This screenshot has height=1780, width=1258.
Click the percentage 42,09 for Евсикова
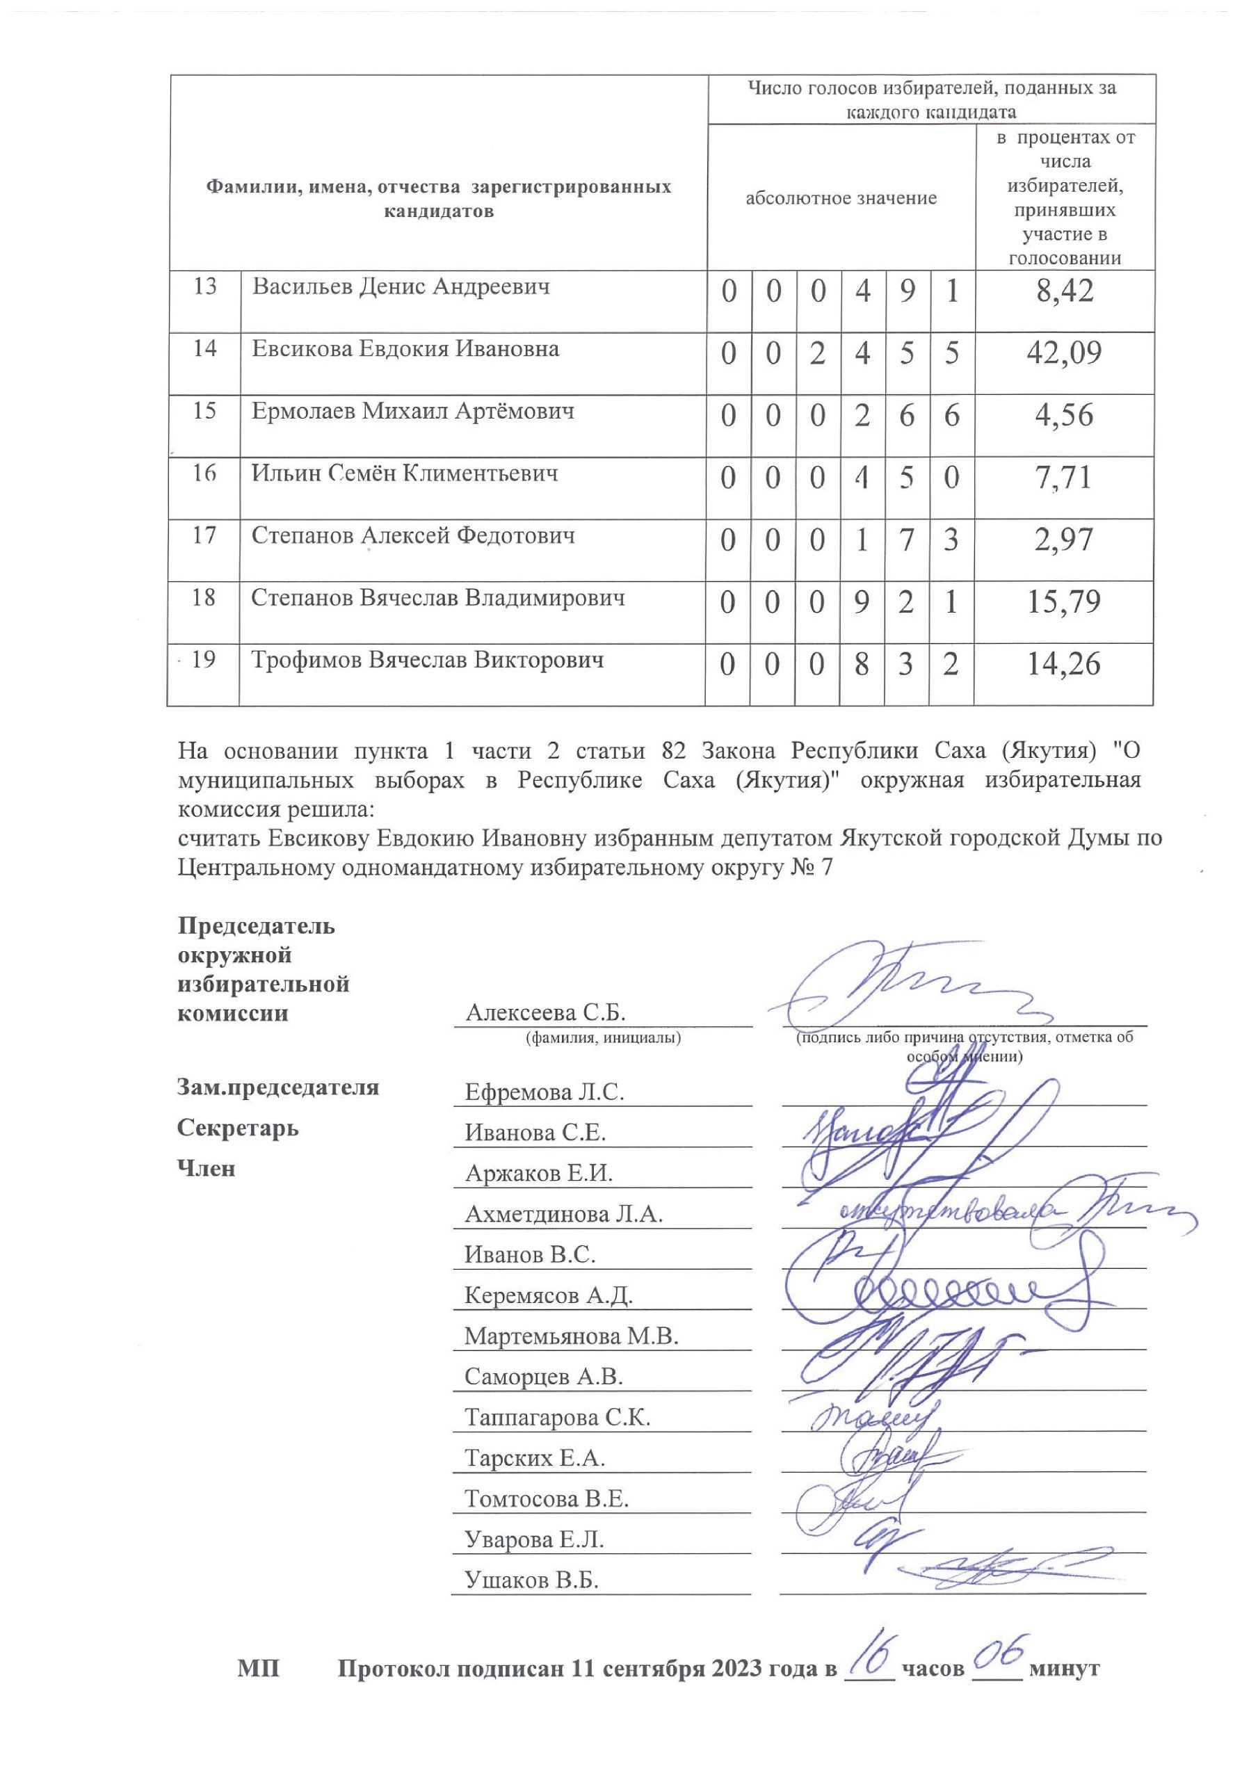[x=1063, y=353]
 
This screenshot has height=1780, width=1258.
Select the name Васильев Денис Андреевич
[x=401, y=287]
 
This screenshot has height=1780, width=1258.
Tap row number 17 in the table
[x=204, y=535]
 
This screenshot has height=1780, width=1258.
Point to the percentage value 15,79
[x=1063, y=602]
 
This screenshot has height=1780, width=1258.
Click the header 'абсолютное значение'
[x=841, y=198]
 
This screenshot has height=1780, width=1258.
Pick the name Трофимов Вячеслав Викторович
[x=428, y=661]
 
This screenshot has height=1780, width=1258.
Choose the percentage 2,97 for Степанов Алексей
[x=1063, y=540]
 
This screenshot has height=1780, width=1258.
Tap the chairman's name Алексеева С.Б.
[x=545, y=1012]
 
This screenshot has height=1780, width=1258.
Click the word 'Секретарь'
[x=237, y=1128]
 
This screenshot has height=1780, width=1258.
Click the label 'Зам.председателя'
[x=277, y=1087]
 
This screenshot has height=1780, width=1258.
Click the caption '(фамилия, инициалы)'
[x=603, y=1037]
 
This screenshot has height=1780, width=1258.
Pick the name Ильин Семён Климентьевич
[x=404, y=473]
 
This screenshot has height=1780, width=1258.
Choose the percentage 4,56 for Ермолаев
[x=1063, y=416]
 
